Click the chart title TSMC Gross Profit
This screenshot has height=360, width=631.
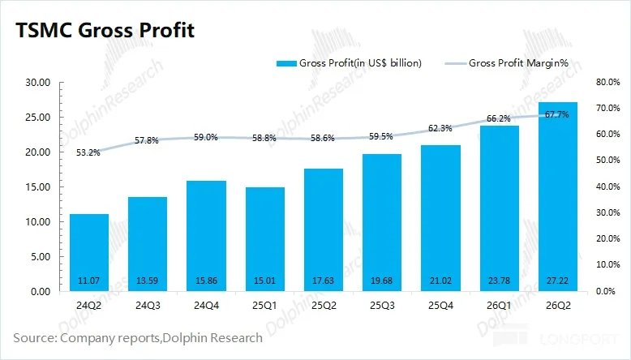click(105, 30)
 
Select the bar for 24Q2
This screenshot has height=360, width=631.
click(89, 253)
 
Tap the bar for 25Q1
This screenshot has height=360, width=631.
click(264, 239)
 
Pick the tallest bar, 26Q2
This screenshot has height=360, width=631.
click(558, 197)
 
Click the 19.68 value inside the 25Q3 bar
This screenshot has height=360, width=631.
click(381, 281)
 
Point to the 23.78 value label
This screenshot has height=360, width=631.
click(499, 281)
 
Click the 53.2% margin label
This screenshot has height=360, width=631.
click(88, 153)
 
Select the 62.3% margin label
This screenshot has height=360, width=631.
click(440, 128)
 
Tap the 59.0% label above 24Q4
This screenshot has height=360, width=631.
click(206, 137)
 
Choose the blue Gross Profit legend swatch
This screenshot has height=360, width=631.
click(286, 63)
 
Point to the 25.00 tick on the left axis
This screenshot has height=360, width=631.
click(38, 118)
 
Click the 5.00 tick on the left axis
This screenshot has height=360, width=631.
click(41, 257)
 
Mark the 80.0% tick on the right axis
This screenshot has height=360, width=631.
click(607, 82)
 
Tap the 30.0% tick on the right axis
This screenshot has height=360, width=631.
click(607, 212)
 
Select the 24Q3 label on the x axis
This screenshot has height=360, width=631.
click(148, 306)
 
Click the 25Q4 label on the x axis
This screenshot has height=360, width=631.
click(440, 306)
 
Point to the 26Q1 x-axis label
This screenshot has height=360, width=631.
click(499, 306)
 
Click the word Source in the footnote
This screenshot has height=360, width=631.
click(35, 337)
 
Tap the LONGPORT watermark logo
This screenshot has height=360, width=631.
click(556, 339)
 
